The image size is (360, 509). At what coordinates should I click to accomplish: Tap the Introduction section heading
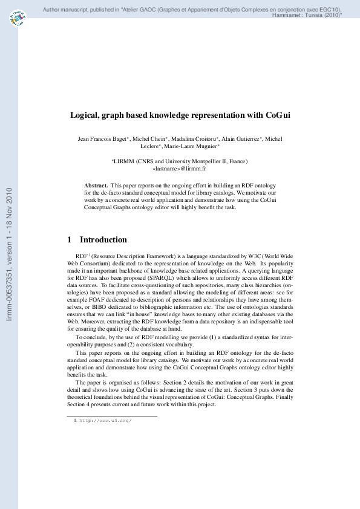103,240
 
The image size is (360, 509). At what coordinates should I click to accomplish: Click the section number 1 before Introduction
70,240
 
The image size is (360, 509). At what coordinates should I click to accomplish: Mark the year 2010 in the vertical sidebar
8,193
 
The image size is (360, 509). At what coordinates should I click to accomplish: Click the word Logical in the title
88,115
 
